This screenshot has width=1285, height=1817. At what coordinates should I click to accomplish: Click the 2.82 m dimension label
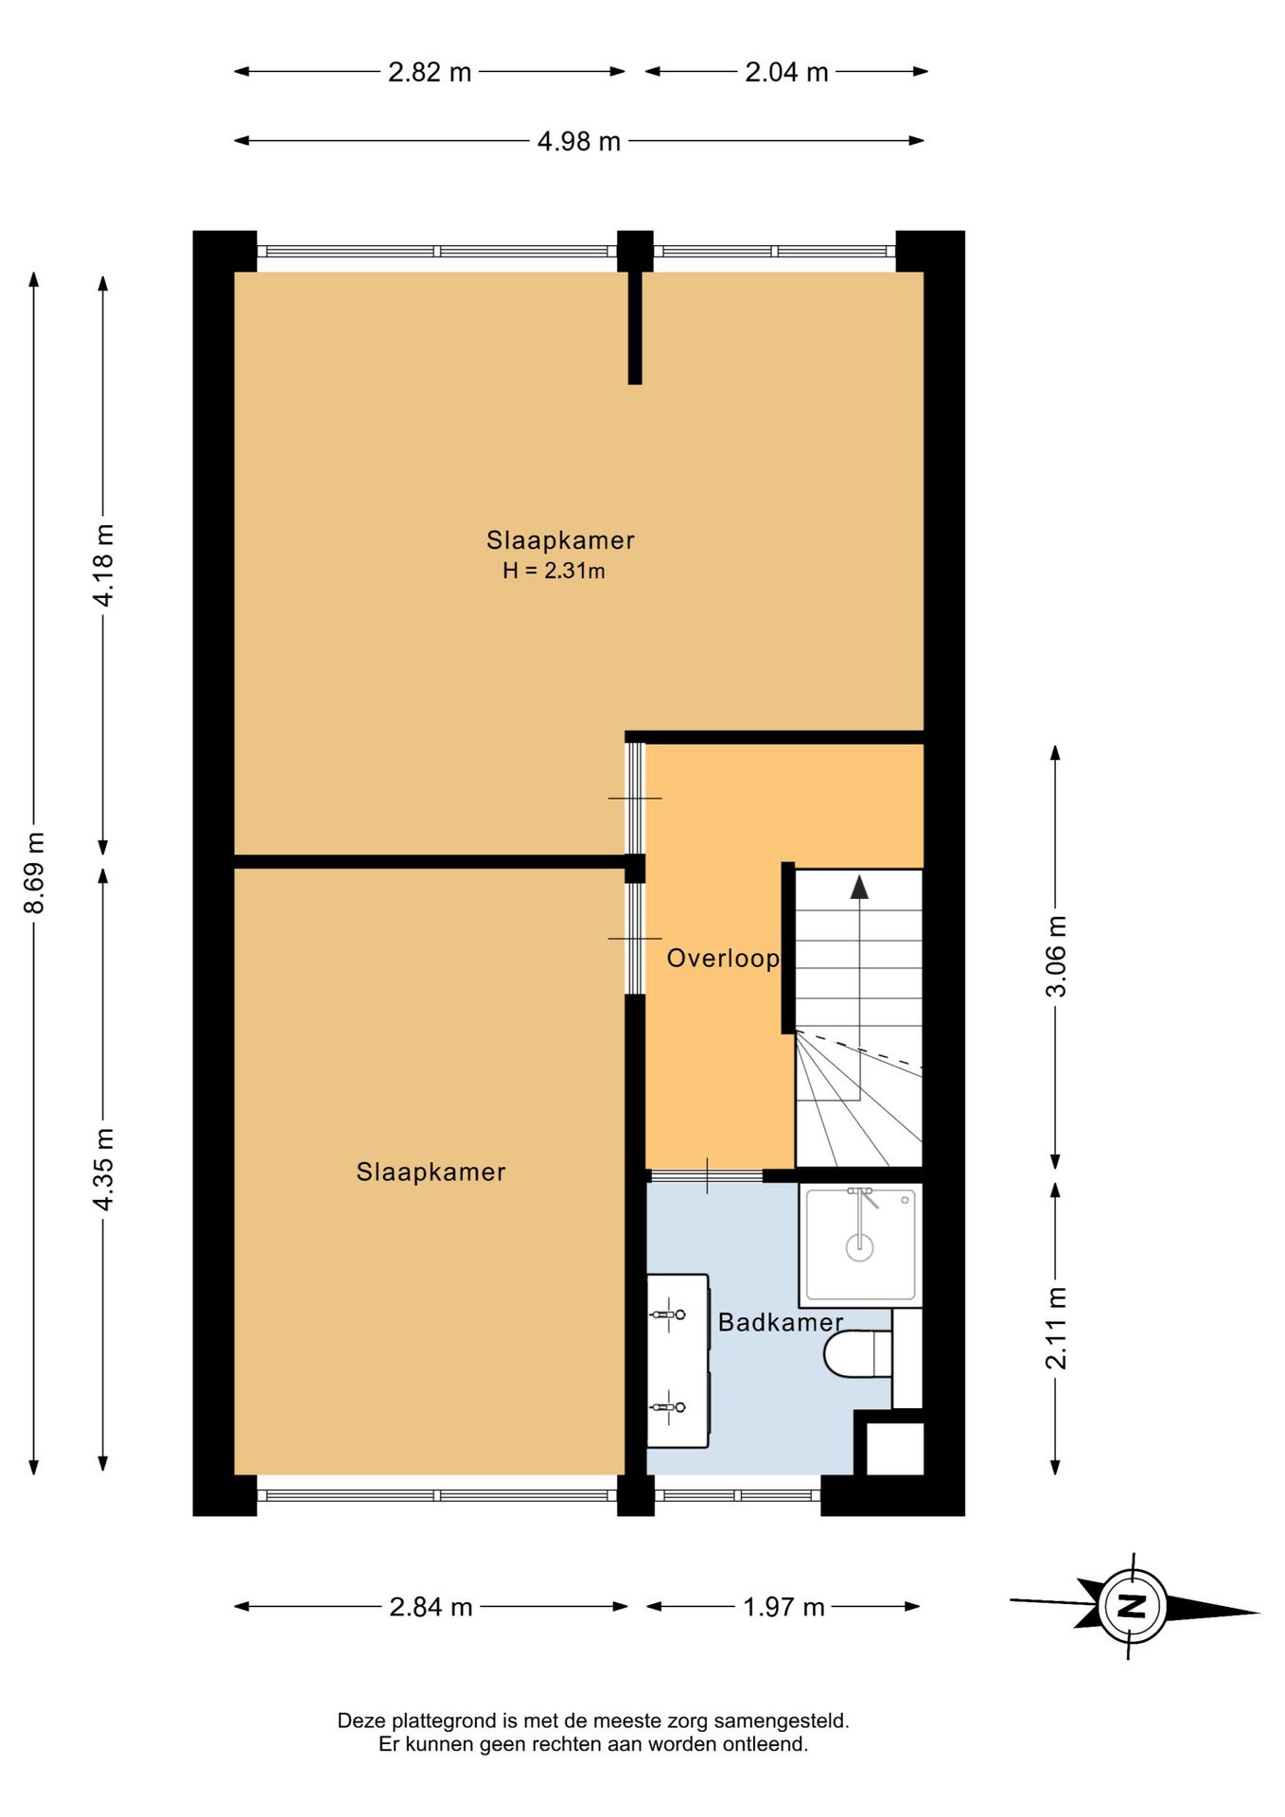coord(430,72)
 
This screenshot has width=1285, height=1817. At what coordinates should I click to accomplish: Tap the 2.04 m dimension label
coord(786,72)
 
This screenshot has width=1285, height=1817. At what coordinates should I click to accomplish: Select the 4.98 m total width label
coord(579,141)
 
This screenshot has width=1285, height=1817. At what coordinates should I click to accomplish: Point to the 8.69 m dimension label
coord(34,873)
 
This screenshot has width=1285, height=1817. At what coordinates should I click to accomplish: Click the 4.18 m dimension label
coord(103,565)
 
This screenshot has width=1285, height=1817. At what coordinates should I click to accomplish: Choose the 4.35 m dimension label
coord(103,1169)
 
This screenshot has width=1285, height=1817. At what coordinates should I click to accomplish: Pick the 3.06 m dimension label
coord(1056,956)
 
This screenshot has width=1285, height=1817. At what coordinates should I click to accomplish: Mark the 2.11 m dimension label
coord(1056,1328)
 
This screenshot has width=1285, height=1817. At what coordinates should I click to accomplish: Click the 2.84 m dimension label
coord(431,1607)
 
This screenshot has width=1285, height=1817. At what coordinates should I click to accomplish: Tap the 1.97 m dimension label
coord(783,1607)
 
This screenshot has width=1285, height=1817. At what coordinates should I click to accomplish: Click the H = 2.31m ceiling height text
coord(554,571)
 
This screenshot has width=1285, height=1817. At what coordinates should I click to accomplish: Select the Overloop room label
coord(723,959)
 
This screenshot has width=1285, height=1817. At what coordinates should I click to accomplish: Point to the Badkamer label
coord(781,1322)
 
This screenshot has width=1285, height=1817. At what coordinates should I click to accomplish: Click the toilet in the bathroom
coord(857,1353)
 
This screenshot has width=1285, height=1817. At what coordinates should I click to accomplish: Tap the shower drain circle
coord(859,1247)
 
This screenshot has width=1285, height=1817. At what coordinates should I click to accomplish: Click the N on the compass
coord(1132,1606)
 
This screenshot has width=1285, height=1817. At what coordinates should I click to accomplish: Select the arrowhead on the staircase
coord(859,887)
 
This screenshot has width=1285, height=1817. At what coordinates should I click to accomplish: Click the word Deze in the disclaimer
coord(360,1720)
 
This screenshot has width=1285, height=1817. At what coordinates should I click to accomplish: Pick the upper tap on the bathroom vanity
coord(668,1314)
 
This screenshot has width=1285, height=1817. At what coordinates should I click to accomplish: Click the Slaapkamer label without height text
coord(431,1173)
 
